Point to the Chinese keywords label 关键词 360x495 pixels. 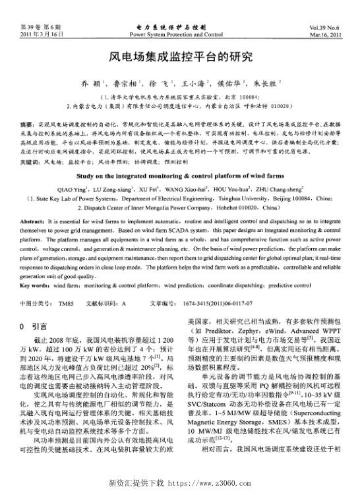[30, 160]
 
